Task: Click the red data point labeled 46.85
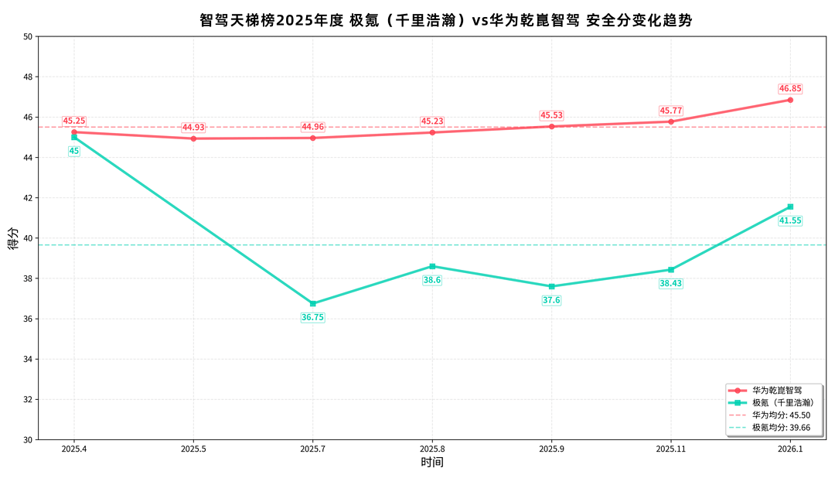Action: click(790, 100)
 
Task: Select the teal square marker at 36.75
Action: click(313, 303)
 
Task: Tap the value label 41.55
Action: click(790, 220)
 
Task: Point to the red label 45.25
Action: click(74, 121)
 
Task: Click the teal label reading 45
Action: click(74, 152)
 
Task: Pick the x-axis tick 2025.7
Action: click(313, 449)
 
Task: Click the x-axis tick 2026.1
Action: click(790, 449)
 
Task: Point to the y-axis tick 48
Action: click(28, 77)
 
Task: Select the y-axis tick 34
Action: click(28, 360)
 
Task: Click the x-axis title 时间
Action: click(432, 463)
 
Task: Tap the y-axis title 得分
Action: click(12, 238)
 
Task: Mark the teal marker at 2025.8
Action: click(432, 266)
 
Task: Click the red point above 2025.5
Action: click(193, 138)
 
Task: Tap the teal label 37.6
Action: click(551, 300)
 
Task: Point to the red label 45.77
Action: click(671, 111)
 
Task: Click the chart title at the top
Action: click(446, 21)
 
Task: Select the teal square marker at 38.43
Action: click(671, 269)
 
